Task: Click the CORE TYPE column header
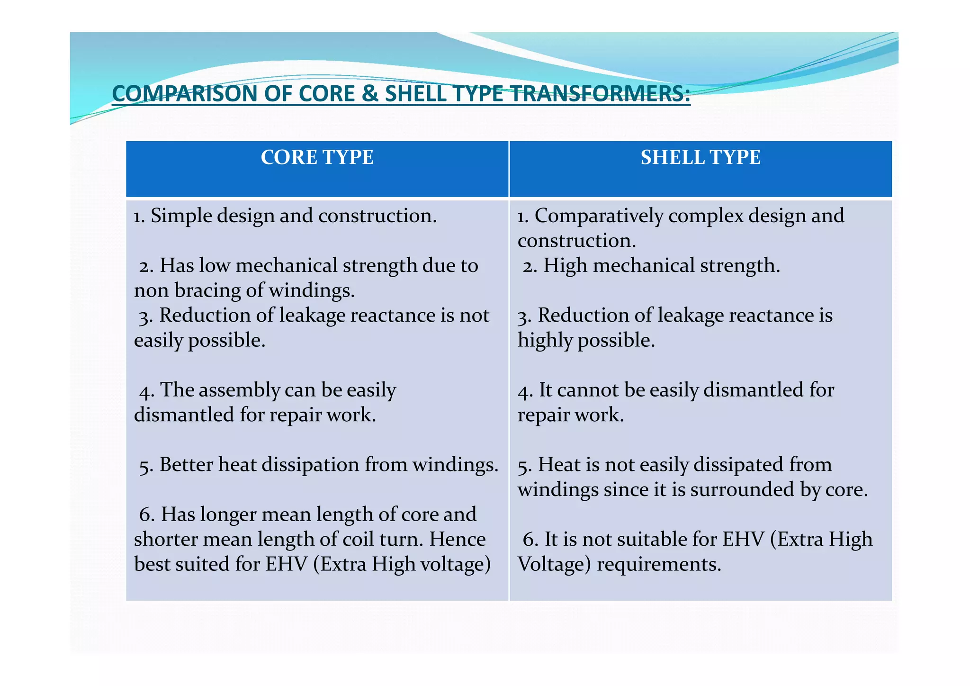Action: pyautogui.click(x=317, y=157)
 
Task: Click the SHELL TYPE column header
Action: pyautogui.click(x=701, y=157)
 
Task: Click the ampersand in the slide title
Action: pyautogui.click(x=369, y=93)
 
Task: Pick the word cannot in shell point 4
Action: pyautogui.click(x=587, y=390)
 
